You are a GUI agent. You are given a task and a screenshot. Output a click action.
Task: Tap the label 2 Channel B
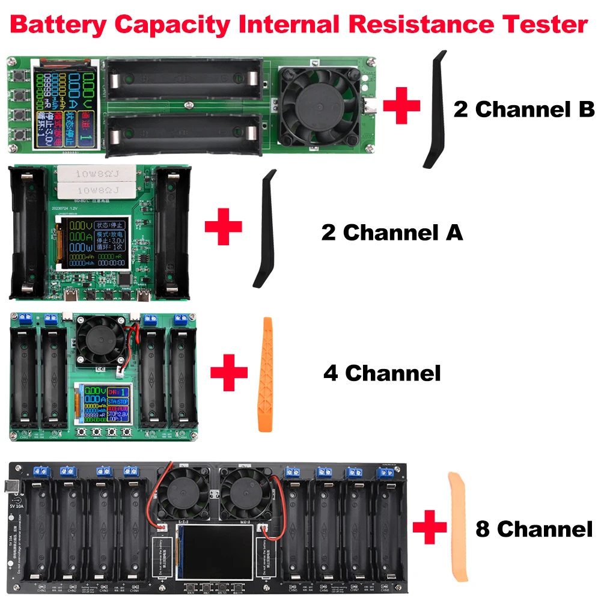(x=523, y=109)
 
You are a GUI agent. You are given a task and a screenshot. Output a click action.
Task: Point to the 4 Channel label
(x=382, y=373)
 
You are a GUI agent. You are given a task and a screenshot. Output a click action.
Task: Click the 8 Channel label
(x=534, y=529)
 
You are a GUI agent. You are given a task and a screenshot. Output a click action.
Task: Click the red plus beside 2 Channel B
(x=401, y=105)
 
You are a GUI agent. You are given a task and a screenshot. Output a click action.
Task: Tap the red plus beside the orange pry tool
(x=229, y=372)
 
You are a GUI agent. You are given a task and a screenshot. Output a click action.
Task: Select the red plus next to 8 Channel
(x=430, y=528)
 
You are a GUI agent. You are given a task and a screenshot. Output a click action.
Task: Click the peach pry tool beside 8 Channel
(x=458, y=527)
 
